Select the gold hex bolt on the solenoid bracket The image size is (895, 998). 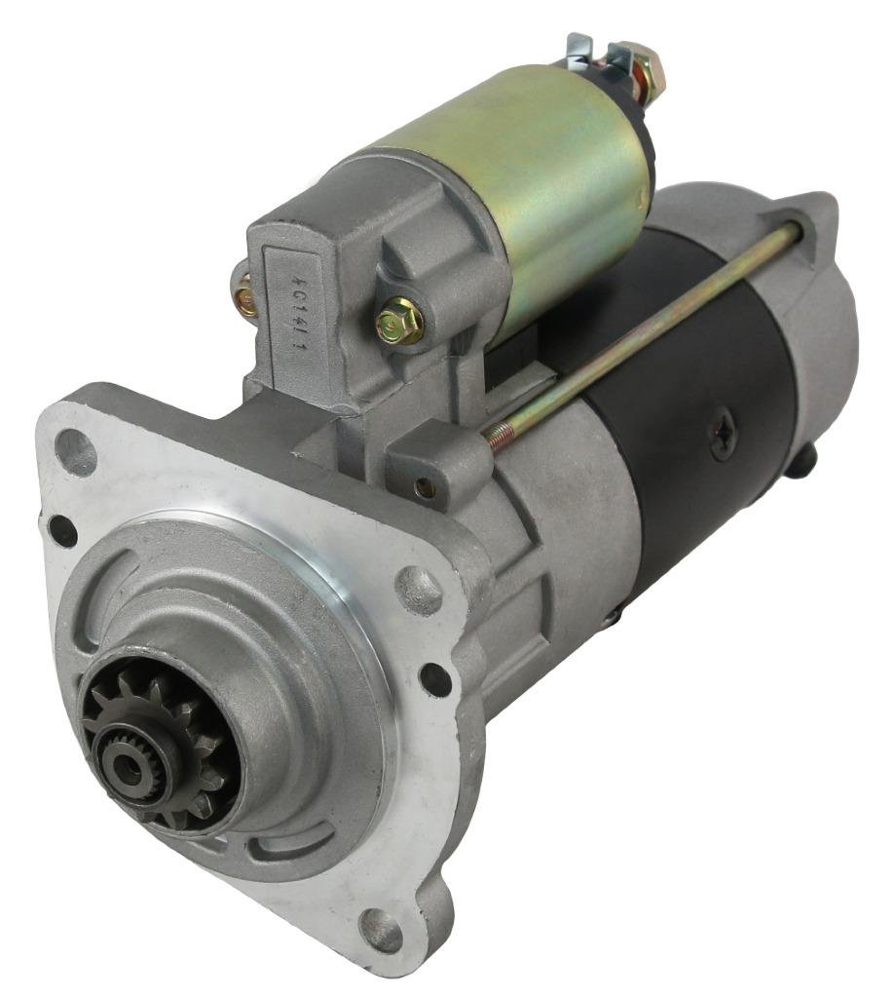(x=399, y=322)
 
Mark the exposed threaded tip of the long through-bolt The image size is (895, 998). (x=499, y=439)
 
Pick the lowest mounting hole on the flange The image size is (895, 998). (x=381, y=927)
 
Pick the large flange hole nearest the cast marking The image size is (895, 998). (x=75, y=451)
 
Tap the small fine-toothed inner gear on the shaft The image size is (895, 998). (x=131, y=755)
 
